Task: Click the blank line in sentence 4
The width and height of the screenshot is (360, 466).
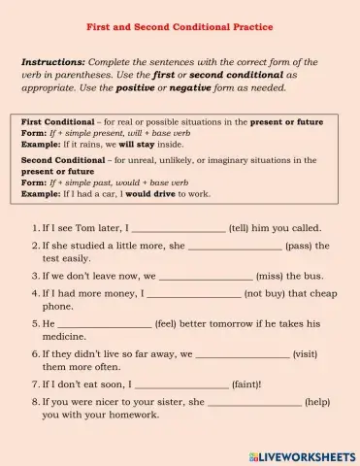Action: pyautogui.click(x=193, y=292)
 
